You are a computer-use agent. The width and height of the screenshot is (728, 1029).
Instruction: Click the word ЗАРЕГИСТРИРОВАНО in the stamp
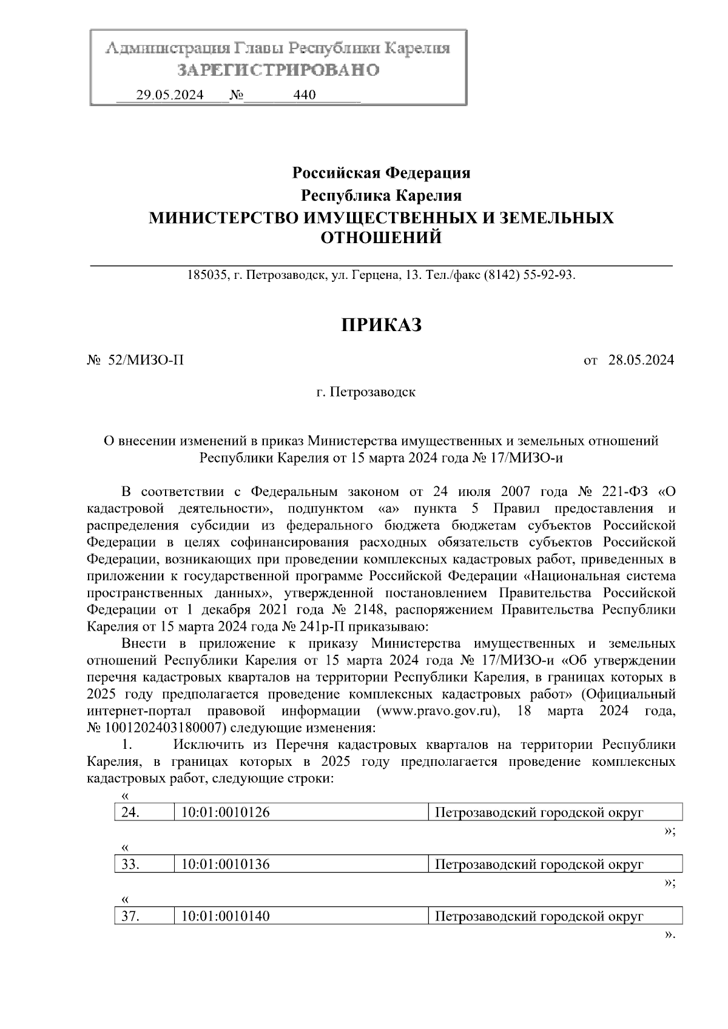[x=278, y=70]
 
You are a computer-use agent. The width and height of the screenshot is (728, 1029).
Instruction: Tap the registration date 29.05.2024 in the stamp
[x=170, y=95]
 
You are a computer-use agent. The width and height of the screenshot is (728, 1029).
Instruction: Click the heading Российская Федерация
[x=382, y=173]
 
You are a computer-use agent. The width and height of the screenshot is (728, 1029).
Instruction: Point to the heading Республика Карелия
[x=382, y=196]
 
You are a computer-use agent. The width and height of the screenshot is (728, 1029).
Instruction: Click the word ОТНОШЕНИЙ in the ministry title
[x=381, y=238]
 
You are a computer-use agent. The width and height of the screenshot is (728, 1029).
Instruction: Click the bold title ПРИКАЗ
[x=381, y=326]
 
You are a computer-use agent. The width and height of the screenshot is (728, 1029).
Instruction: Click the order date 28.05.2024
[x=641, y=360]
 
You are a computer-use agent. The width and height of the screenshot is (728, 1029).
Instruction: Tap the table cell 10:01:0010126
[x=225, y=813]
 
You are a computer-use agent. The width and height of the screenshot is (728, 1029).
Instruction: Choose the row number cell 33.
[x=130, y=865]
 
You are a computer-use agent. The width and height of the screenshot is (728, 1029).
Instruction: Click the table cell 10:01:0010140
[x=225, y=916]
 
